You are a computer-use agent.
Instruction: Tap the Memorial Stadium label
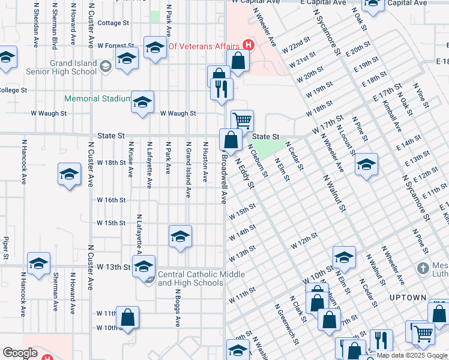97,99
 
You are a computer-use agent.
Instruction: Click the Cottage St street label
113,23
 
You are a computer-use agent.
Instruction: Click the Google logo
19,353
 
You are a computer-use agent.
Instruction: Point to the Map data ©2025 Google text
412,355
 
